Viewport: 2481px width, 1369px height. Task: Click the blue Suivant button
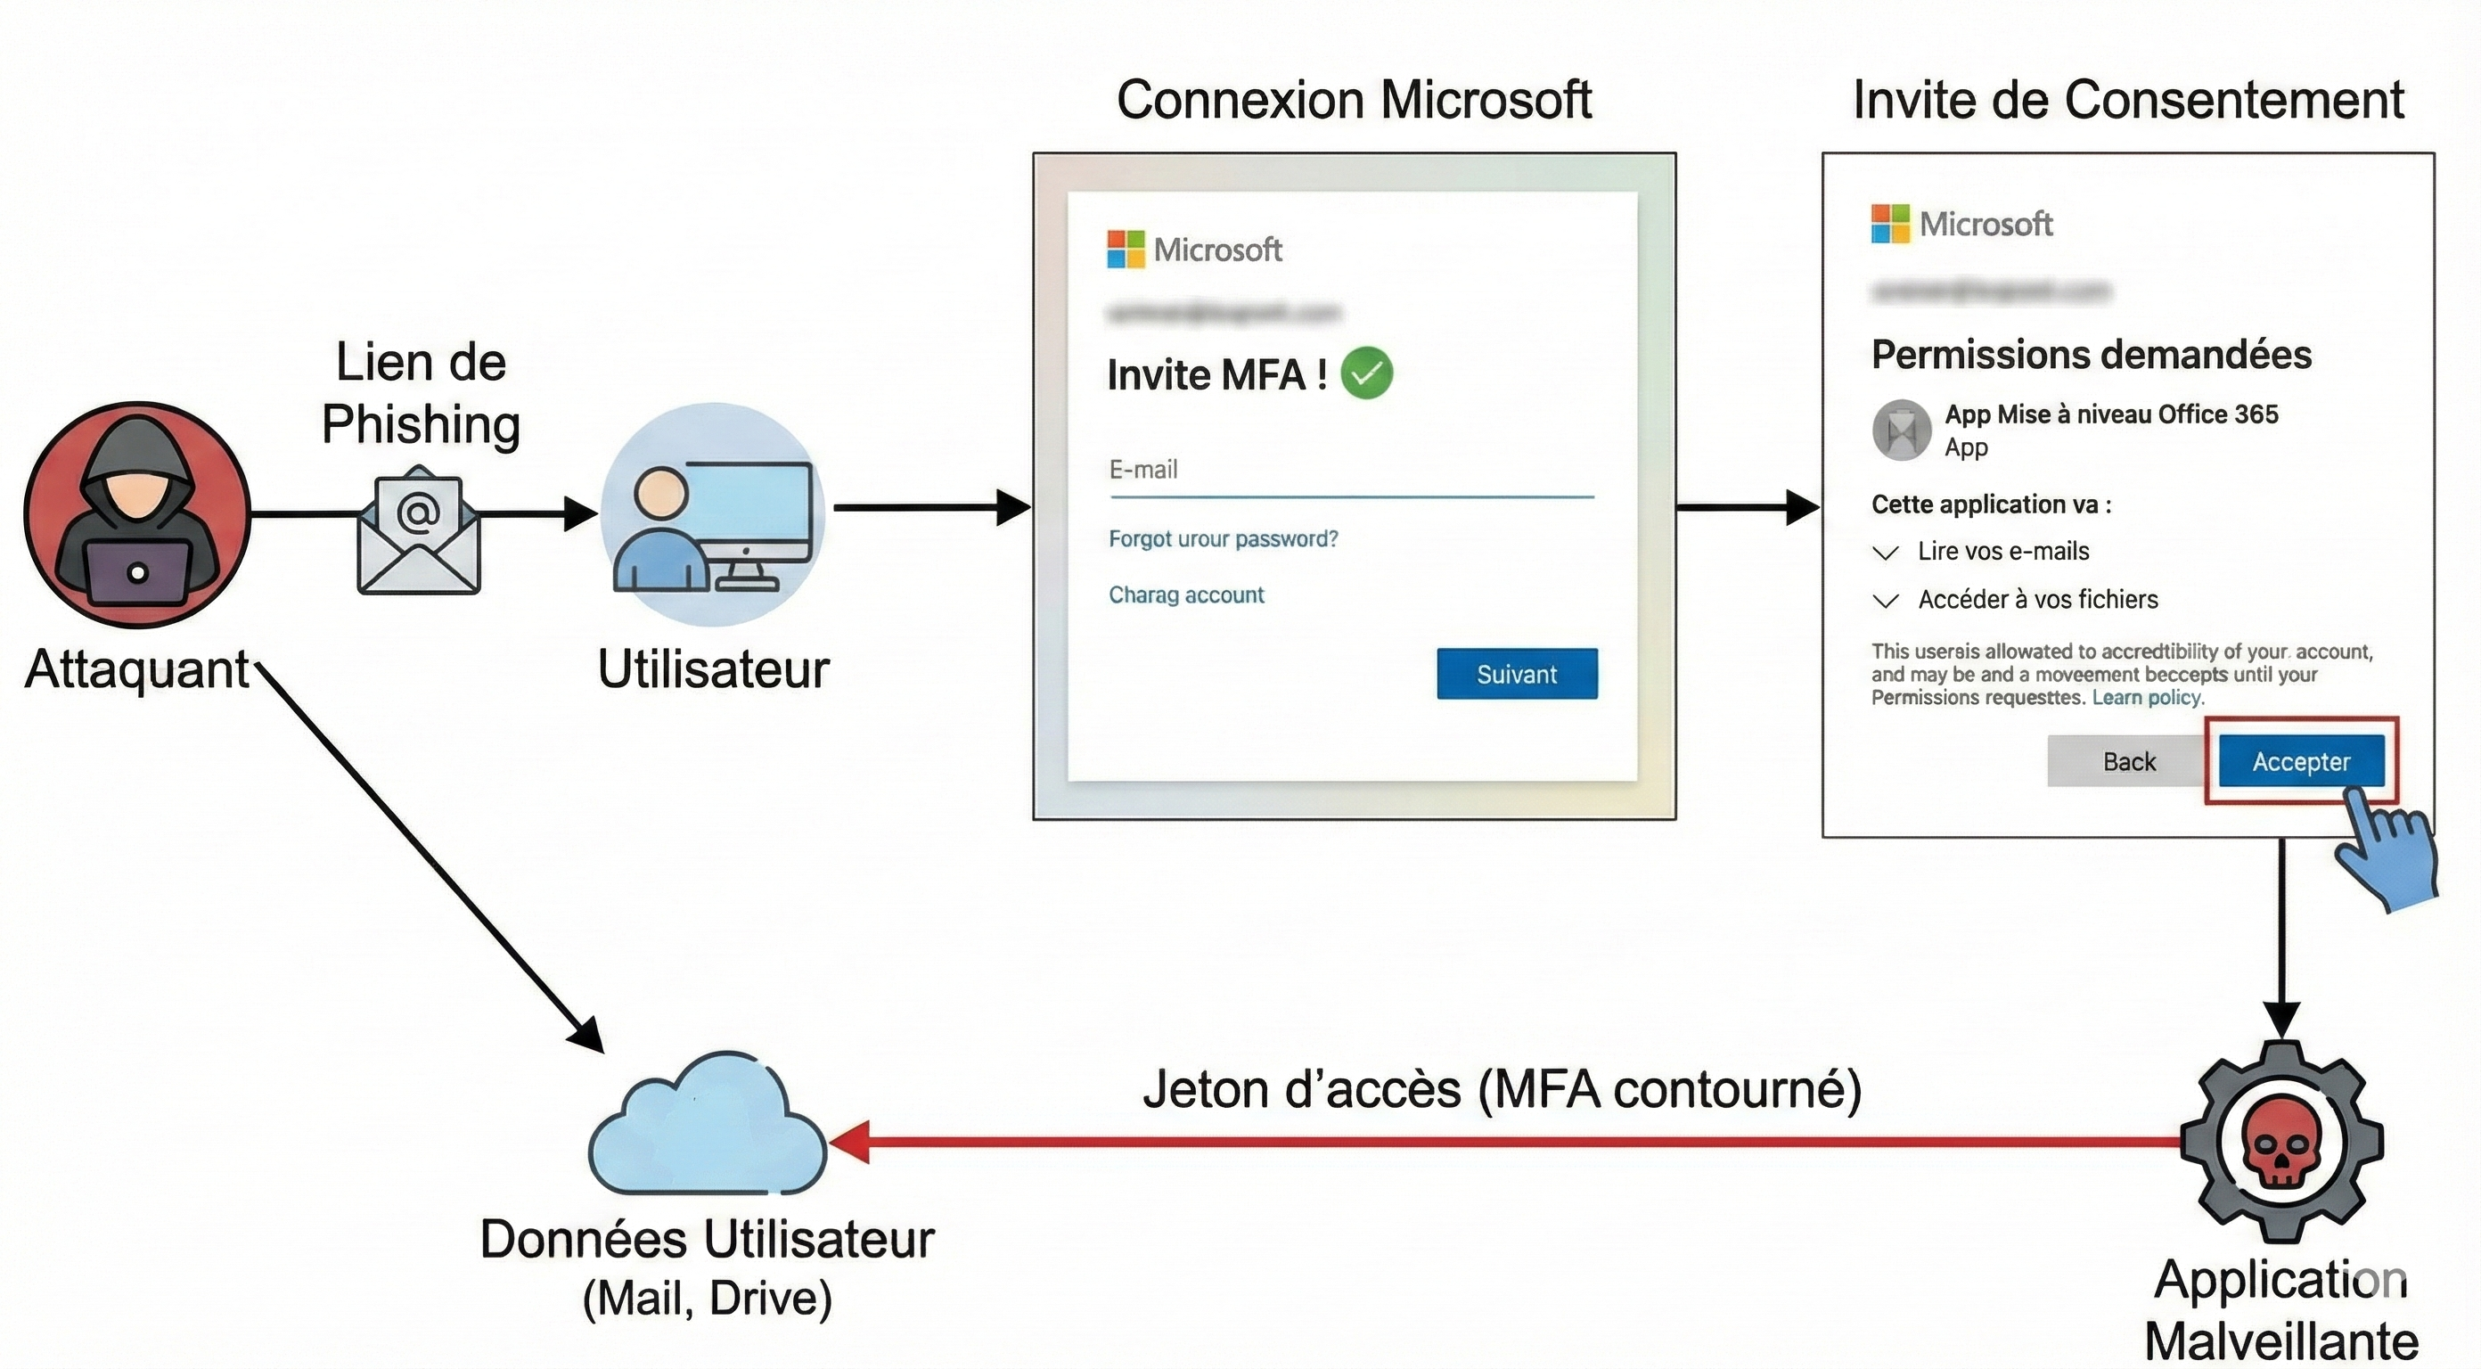[1516, 674]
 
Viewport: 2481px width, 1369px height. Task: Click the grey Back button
[2127, 761]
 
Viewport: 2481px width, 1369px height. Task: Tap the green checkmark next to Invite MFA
[1367, 373]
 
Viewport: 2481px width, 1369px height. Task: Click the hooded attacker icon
[136, 514]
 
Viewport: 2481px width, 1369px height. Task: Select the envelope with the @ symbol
[419, 530]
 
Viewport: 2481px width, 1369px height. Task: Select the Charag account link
[1185, 594]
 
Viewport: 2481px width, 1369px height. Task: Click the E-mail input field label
[1143, 469]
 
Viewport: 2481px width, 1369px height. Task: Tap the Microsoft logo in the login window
[1125, 250]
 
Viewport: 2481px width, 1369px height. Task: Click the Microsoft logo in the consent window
[1888, 224]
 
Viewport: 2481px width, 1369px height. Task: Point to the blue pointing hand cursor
[2386, 848]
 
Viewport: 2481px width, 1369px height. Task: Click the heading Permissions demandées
[2090, 355]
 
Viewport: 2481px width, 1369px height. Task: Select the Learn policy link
[2147, 698]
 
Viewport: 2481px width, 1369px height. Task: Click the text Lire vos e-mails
[2002, 551]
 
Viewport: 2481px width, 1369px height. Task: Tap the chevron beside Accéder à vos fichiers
[1885, 601]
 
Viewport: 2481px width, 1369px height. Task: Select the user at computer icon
[713, 515]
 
